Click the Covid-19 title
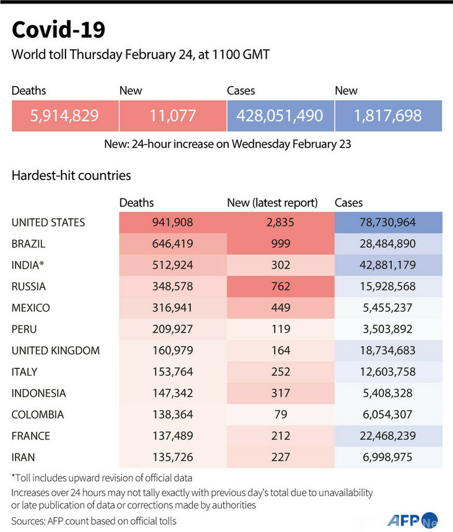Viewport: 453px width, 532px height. [58, 30]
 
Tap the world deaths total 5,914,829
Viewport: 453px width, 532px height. [64, 116]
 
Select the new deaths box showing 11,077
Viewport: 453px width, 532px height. [172, 116]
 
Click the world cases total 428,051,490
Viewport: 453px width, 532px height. [280, 116]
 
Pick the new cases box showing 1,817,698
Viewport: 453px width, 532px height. [388, 116]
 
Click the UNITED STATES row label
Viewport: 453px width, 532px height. [48, 223]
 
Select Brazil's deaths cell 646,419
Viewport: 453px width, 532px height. [172, 244]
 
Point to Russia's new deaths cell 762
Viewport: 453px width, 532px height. [280, 287]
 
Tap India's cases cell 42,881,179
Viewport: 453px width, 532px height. [388, 265]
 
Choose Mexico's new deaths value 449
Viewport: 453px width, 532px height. [280, 308]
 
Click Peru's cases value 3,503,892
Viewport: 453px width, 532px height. [388, 329]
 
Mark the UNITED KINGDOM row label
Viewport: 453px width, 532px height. [55, 351]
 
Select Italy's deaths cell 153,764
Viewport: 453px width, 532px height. [172, 372]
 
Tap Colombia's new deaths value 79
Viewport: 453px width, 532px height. [280, 414]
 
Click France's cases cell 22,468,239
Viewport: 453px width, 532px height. [388, 436]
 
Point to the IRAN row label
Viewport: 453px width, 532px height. [23, 457]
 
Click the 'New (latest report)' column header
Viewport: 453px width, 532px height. [272, 203]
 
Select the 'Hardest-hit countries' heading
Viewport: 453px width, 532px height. [71, 175]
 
